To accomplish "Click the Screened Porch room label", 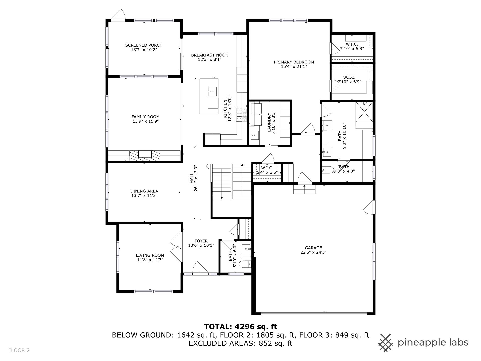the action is coord(144,45).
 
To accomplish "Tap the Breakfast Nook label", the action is coord(210,55).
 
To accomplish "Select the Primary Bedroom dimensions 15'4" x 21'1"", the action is coord(294,67).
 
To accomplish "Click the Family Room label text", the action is coord(146,117).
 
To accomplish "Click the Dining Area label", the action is coord(144,191).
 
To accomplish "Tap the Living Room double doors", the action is coord(176,247).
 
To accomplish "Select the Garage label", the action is coord(313,248).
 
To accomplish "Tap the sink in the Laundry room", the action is coord(254,135).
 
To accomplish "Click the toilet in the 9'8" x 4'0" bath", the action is coord(327,170).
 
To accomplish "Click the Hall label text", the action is coord(192,178).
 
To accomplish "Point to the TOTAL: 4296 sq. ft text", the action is coord(241,327).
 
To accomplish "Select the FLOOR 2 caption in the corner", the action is coord(19,350).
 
